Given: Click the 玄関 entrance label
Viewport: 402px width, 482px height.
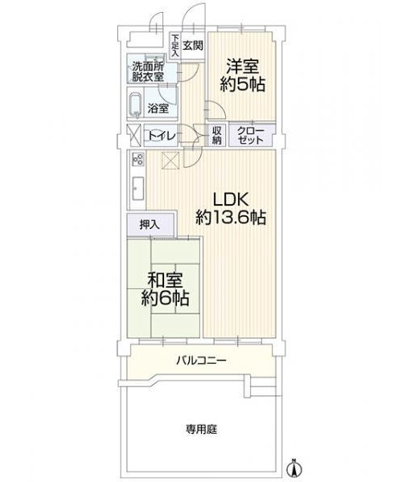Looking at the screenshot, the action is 193,46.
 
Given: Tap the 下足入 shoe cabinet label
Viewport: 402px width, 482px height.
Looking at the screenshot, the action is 175,45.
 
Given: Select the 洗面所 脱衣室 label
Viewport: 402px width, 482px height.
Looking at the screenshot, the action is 148,71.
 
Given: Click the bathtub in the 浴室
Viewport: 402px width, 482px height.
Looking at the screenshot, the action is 136,105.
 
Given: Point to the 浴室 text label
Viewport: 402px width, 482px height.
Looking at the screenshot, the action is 158,108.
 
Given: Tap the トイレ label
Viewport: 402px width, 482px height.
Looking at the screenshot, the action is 162,136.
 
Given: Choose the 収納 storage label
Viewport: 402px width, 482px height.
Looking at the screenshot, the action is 216,135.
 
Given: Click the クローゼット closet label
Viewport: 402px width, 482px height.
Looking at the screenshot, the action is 251,135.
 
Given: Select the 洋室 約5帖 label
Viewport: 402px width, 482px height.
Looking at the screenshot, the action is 242,75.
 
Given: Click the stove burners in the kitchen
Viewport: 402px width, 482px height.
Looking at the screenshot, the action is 137,160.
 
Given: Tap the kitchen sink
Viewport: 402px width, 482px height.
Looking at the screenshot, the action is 137,188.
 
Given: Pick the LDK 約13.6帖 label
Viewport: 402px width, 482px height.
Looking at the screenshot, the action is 231,209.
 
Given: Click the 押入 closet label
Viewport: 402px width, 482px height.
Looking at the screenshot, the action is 150,225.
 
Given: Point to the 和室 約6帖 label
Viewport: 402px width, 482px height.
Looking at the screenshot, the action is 165,289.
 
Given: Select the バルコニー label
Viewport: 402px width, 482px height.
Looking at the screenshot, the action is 201,360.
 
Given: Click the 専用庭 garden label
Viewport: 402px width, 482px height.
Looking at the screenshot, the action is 201,429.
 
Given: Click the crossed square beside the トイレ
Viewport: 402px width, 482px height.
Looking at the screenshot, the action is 134,135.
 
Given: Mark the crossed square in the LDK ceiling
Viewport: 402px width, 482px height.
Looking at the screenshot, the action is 170,160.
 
